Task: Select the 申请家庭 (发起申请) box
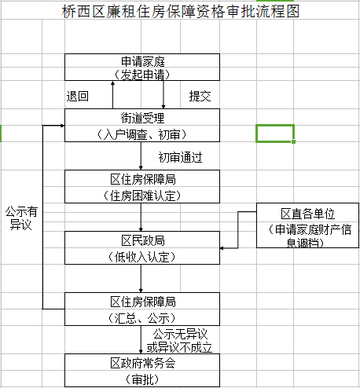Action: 142,68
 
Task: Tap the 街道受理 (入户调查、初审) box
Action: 142,125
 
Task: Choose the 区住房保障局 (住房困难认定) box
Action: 142,185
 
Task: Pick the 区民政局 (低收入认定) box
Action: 142,247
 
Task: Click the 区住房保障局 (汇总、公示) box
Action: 142,309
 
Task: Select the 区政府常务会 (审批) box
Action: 142,370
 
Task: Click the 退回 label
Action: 77,96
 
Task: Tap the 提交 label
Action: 200,96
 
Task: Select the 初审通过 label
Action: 180,156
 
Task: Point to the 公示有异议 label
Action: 21,218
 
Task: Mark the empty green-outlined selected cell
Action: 275,133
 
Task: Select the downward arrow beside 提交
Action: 163,94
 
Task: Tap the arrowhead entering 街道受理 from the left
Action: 59,126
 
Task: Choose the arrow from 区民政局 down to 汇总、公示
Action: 141,278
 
